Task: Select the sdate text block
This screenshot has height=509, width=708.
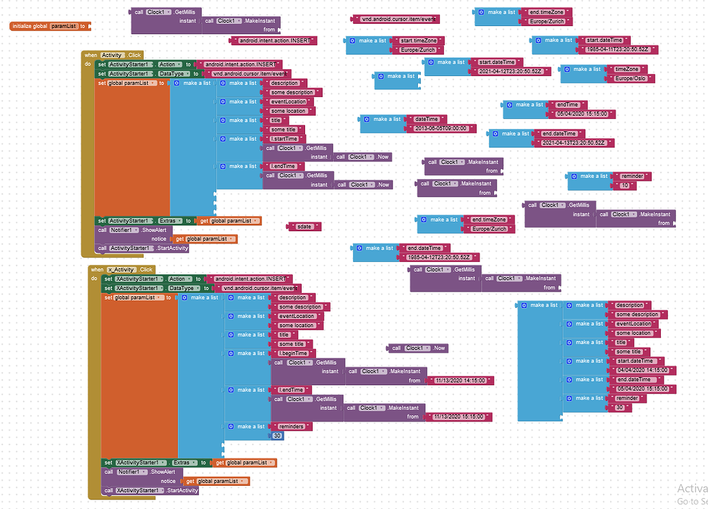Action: (x=304, y=226)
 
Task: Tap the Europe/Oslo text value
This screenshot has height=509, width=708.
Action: (x=630, y=79)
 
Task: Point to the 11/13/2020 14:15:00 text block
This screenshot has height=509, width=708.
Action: (x=460, y=380)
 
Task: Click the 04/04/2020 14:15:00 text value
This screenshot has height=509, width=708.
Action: (x=645, y=370)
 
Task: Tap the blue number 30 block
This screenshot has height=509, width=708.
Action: (x=278, y=436)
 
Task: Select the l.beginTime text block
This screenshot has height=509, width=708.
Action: (x=293, y=353)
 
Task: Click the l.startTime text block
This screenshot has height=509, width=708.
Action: (x=283, y=139)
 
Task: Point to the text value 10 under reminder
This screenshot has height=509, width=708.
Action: (x=624, y=185)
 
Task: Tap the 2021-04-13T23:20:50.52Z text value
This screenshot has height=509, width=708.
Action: (x=577, y=143)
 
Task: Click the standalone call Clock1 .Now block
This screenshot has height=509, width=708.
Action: (x=418, y=348)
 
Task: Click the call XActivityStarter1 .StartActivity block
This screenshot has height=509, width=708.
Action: (x=150, y=491)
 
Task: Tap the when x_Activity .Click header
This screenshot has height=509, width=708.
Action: (x=123, y=270)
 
